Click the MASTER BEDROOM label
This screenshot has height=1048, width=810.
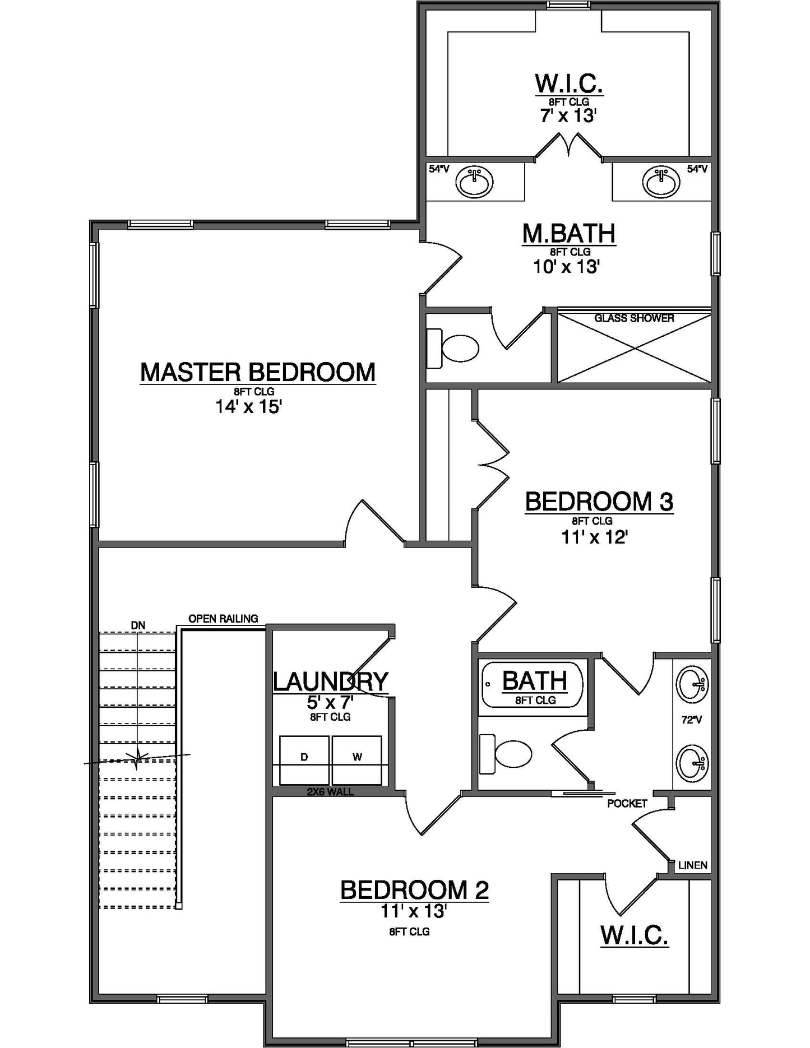point(257,373)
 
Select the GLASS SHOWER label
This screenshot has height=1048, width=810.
point(634,318)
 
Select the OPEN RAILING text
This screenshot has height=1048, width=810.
point(223,619)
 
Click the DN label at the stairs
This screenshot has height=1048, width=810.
point(138,625)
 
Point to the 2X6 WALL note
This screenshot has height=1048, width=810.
point(330,792)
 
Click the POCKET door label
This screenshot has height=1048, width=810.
point(627,804)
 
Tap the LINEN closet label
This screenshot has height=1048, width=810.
point(692,865)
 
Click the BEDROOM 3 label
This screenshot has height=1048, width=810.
point(599,502)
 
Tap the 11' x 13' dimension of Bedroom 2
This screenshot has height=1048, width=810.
point(413,912)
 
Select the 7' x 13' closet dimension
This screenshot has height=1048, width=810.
point(568,116)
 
